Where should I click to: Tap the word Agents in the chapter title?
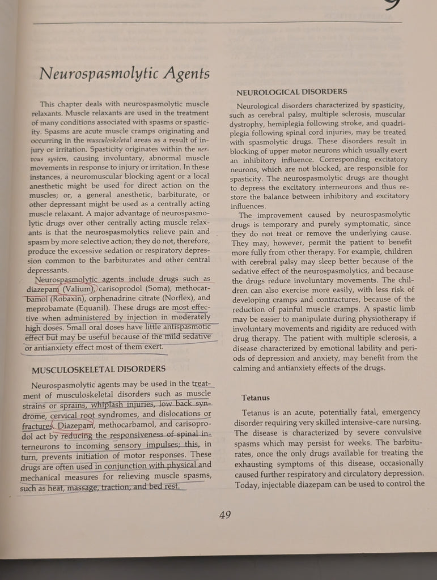point(185,74)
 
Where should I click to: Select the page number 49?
point(225,514)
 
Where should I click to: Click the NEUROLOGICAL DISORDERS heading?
point(291,91)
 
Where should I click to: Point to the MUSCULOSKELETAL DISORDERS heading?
point(98,369)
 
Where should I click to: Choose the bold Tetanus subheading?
point(255,398)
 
